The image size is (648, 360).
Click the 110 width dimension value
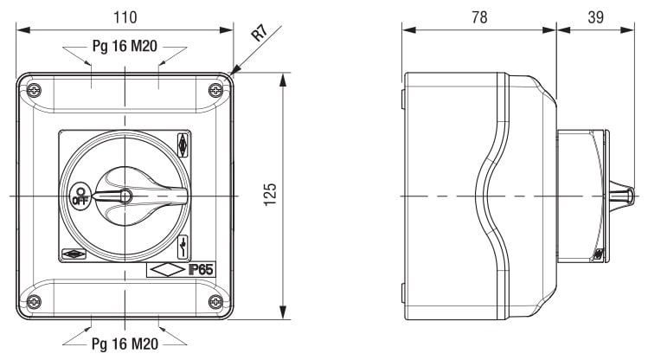125,17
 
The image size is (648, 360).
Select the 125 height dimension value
270,194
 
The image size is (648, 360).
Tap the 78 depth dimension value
479,17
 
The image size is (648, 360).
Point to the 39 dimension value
595,17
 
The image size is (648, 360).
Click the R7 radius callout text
260,33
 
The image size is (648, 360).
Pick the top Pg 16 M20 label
125,46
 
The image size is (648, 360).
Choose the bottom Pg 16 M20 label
125,344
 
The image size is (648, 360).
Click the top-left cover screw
34,90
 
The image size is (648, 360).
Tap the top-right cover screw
215,90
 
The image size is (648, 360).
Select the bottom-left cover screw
34,302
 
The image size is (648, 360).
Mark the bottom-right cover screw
215,302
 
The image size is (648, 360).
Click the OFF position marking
80,196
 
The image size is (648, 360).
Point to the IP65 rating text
202,270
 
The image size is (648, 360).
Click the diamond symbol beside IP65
167,270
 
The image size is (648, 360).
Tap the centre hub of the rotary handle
125,196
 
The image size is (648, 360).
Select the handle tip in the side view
630,196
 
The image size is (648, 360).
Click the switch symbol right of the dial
183,247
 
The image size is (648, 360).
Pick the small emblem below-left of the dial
74,254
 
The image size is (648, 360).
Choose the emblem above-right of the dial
183,145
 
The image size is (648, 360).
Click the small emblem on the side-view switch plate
599,254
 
